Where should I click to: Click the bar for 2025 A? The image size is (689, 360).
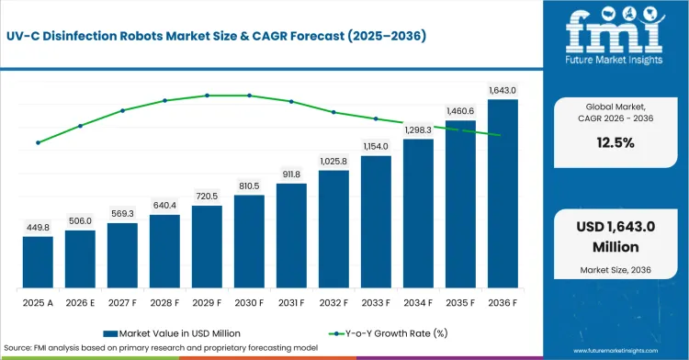tap(38, 262)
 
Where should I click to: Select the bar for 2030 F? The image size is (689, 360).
tap(249, 242)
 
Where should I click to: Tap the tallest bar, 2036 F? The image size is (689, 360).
tap(503, 194)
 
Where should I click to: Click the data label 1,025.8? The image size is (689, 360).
tap(333, 161)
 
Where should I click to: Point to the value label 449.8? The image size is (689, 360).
tap(38, 228)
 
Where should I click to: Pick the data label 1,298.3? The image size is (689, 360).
tap(418, 130)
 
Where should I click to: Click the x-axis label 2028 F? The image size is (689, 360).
tap(164, 303)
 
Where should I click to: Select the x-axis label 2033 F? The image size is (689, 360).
tap(376, 303)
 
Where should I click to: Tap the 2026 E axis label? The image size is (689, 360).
tap(80, 303)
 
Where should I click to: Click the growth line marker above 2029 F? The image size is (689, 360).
tap(207, 96)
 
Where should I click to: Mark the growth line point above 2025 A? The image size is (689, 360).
tap(38, 142)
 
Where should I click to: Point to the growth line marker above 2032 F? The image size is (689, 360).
tap(333, 112)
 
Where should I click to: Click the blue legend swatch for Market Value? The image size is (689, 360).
tap(110, 333)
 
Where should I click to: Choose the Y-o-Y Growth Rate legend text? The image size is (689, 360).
tap(396, 333)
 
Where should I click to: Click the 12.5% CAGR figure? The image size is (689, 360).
tap(616, 142)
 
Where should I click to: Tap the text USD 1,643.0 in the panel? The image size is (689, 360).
tap(616, 227)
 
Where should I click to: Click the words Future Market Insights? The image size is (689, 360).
tap(614, 60)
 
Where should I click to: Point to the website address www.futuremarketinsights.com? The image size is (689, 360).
tap(616, 351)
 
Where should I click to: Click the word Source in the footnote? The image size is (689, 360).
tap(17, 348)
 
